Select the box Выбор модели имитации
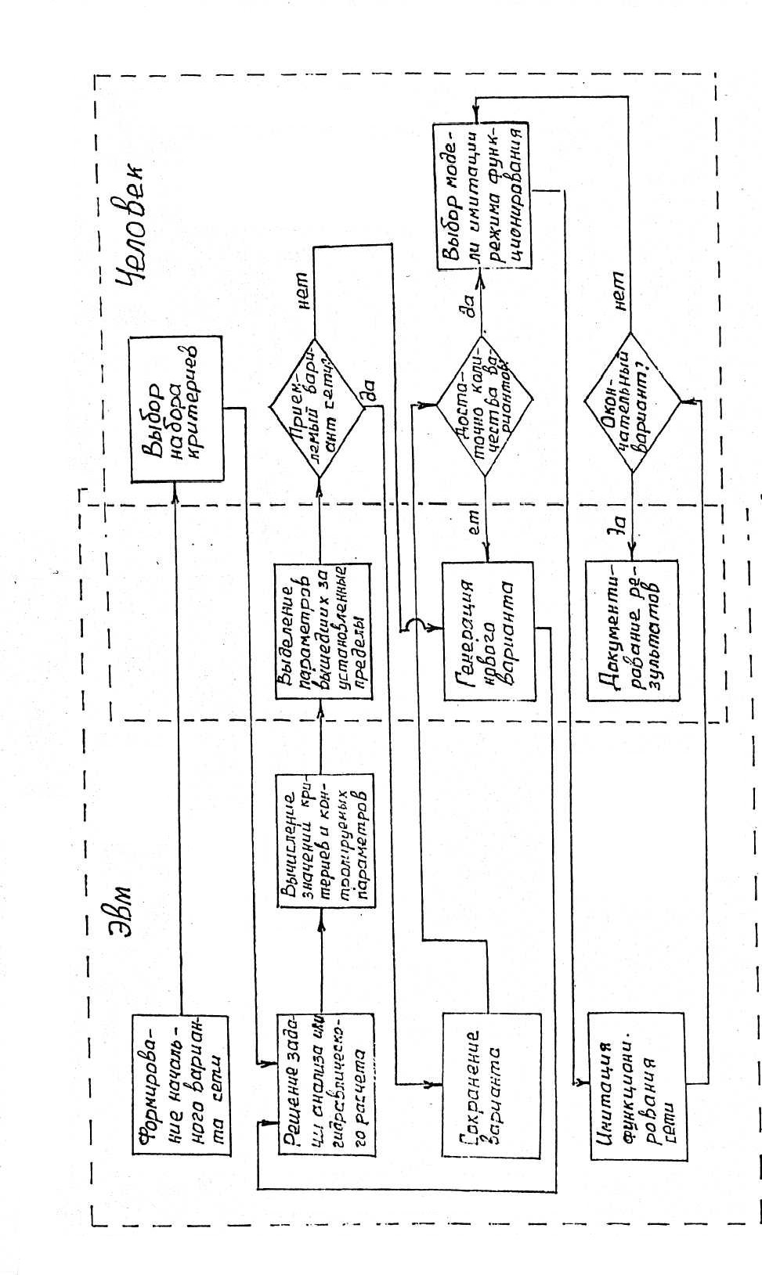[x=482, y=196]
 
